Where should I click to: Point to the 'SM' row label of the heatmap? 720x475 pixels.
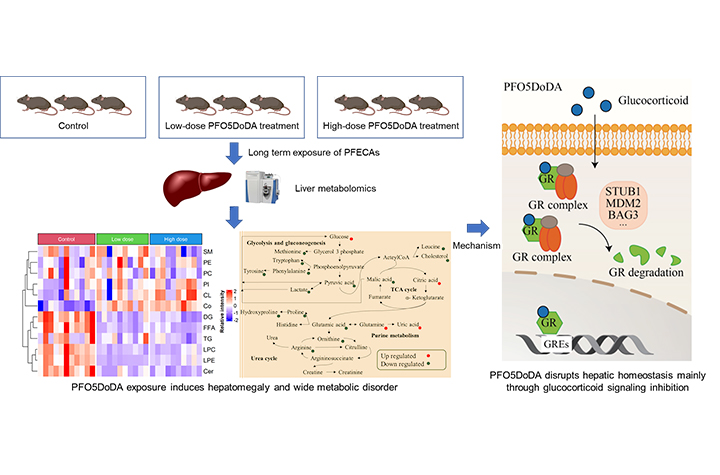pos(208,251)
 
